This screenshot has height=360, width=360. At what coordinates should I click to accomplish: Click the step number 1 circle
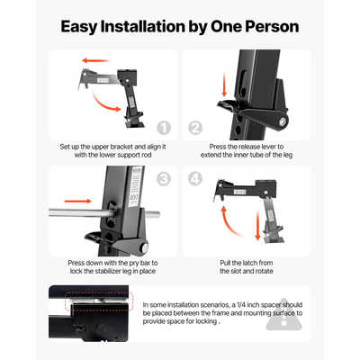tap(164, 128)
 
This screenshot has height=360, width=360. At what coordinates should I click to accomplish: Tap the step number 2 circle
tap(195, 128)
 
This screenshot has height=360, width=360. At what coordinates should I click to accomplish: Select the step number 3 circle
tap(164, 179)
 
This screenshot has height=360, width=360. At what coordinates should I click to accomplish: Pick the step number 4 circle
tap(195, 179)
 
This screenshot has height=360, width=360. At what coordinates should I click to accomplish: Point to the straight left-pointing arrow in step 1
tap(95, 60)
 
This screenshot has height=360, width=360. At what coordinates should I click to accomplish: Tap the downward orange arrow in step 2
tap(224, 85)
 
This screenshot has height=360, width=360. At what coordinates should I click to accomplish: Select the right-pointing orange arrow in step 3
tap(78, 201)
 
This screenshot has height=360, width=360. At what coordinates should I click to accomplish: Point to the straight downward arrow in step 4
tap(257, 226)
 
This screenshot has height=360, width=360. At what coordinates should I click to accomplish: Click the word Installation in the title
tap(143, 26)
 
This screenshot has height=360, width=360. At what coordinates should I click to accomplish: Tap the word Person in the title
tap(272, 26)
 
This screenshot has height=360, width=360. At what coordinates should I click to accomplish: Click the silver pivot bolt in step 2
tap(283, 121)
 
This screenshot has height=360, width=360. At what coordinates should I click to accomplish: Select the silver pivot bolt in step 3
tap(145, 247)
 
